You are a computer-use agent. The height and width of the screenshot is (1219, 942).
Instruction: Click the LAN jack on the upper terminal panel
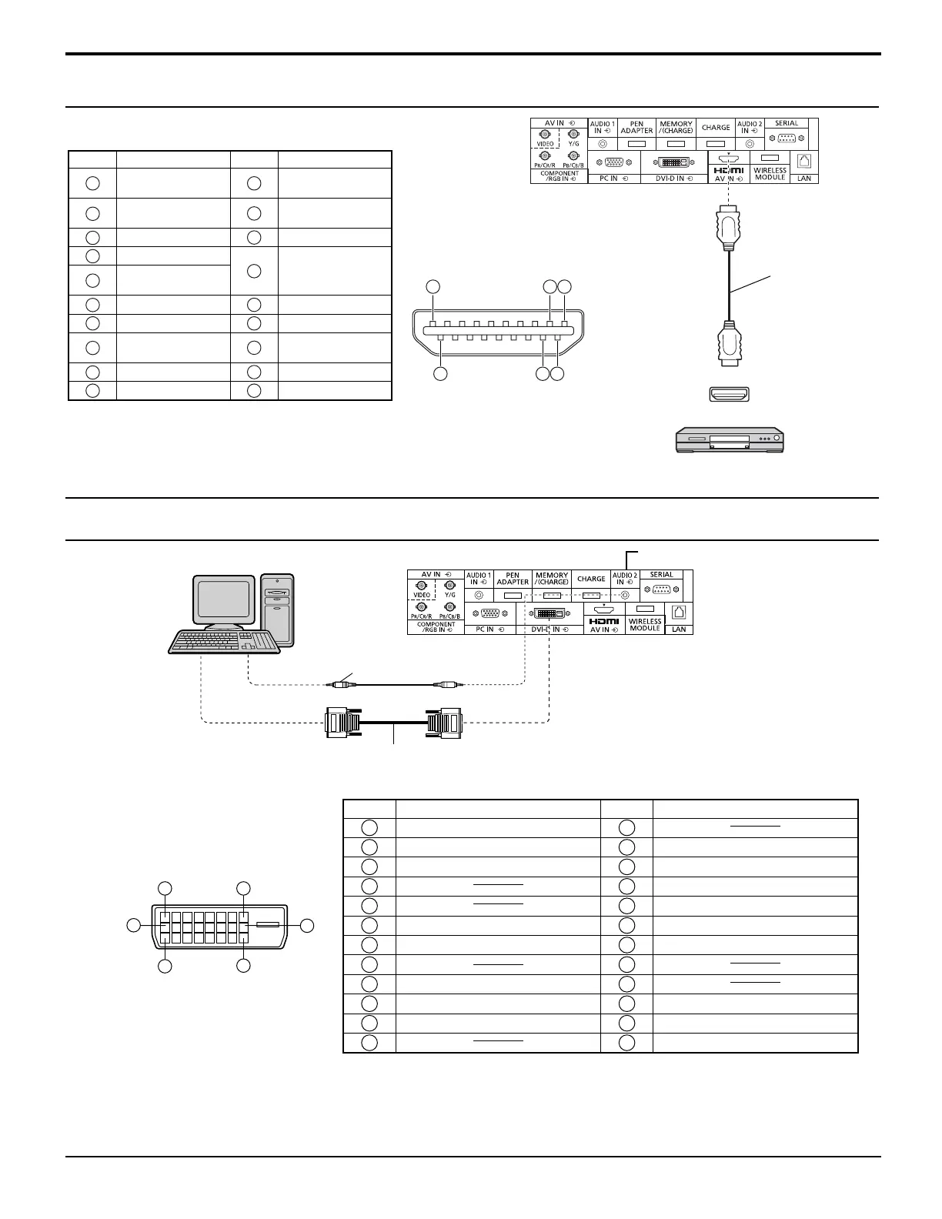click(x=804, y=162)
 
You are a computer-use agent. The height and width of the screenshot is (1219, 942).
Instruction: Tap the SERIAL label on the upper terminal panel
click(x=787, y=123)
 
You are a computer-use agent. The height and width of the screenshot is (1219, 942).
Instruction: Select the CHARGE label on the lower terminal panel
click(x=591, y=579)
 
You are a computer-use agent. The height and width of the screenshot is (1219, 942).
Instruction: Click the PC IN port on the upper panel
click(x=613, y=162)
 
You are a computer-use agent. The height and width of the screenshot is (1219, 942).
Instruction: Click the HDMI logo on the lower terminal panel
click(x=604, y=621)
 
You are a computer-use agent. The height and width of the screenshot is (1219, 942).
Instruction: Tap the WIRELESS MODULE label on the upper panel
click(x=770, y=174)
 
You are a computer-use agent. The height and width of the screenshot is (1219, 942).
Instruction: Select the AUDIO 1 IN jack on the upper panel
click(x=603, y=143)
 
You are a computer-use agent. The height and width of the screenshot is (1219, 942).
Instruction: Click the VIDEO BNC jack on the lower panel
click(x=421, y=586)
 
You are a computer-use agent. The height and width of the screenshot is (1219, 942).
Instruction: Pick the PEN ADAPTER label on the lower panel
click(x=513, y=579)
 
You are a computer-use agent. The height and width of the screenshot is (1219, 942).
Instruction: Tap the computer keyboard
click(x=222, y=641)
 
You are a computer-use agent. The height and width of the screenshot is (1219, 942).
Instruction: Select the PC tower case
click(x=277, y=609)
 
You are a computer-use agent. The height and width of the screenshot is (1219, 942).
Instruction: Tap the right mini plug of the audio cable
click(x=446, y=683)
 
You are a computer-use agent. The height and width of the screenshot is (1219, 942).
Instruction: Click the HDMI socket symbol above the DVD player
click(x=728, y=394)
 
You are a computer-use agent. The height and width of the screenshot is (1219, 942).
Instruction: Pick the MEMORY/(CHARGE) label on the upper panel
click(x=676, y=127)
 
